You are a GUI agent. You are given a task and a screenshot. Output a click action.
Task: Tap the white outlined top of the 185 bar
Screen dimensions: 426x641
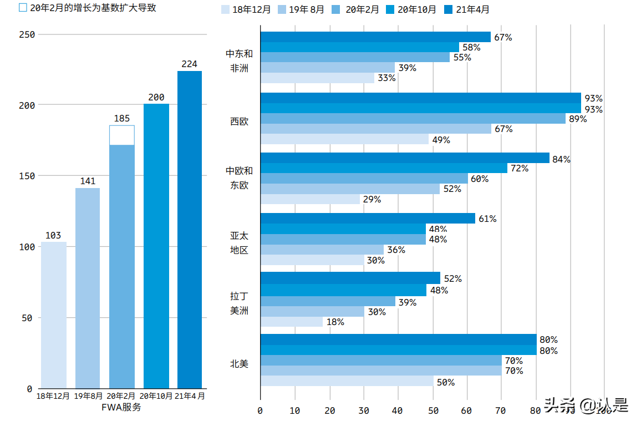pos(122,135)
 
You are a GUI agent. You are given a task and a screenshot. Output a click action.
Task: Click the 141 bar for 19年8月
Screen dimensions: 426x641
pos(88,288)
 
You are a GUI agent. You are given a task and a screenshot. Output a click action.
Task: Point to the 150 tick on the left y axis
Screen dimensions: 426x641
pos(27,176)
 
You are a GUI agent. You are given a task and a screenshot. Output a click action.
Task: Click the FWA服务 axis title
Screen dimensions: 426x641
pos(121,407)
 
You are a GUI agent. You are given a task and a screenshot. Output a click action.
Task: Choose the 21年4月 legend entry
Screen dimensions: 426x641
pos(467,9)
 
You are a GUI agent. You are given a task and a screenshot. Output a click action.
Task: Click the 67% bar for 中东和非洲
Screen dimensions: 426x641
pos(375,37)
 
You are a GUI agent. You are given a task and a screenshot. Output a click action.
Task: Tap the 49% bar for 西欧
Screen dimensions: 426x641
pos(344,139)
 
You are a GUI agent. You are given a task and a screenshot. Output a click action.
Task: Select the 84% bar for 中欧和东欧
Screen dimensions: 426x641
pos(405,158)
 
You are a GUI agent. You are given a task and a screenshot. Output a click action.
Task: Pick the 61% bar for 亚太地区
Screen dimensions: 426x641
pos(368,219)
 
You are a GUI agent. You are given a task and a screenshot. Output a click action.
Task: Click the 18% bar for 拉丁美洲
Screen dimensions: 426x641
pos(291,322)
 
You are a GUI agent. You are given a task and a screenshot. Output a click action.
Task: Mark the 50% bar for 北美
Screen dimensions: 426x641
pos(347,382)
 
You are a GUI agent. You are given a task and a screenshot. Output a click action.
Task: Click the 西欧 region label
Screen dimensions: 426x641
pos(240,121)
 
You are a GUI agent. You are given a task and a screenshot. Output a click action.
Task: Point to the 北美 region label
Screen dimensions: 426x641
pos(240,364)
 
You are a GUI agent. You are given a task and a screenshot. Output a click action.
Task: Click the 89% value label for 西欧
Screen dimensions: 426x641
pos(577,119)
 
